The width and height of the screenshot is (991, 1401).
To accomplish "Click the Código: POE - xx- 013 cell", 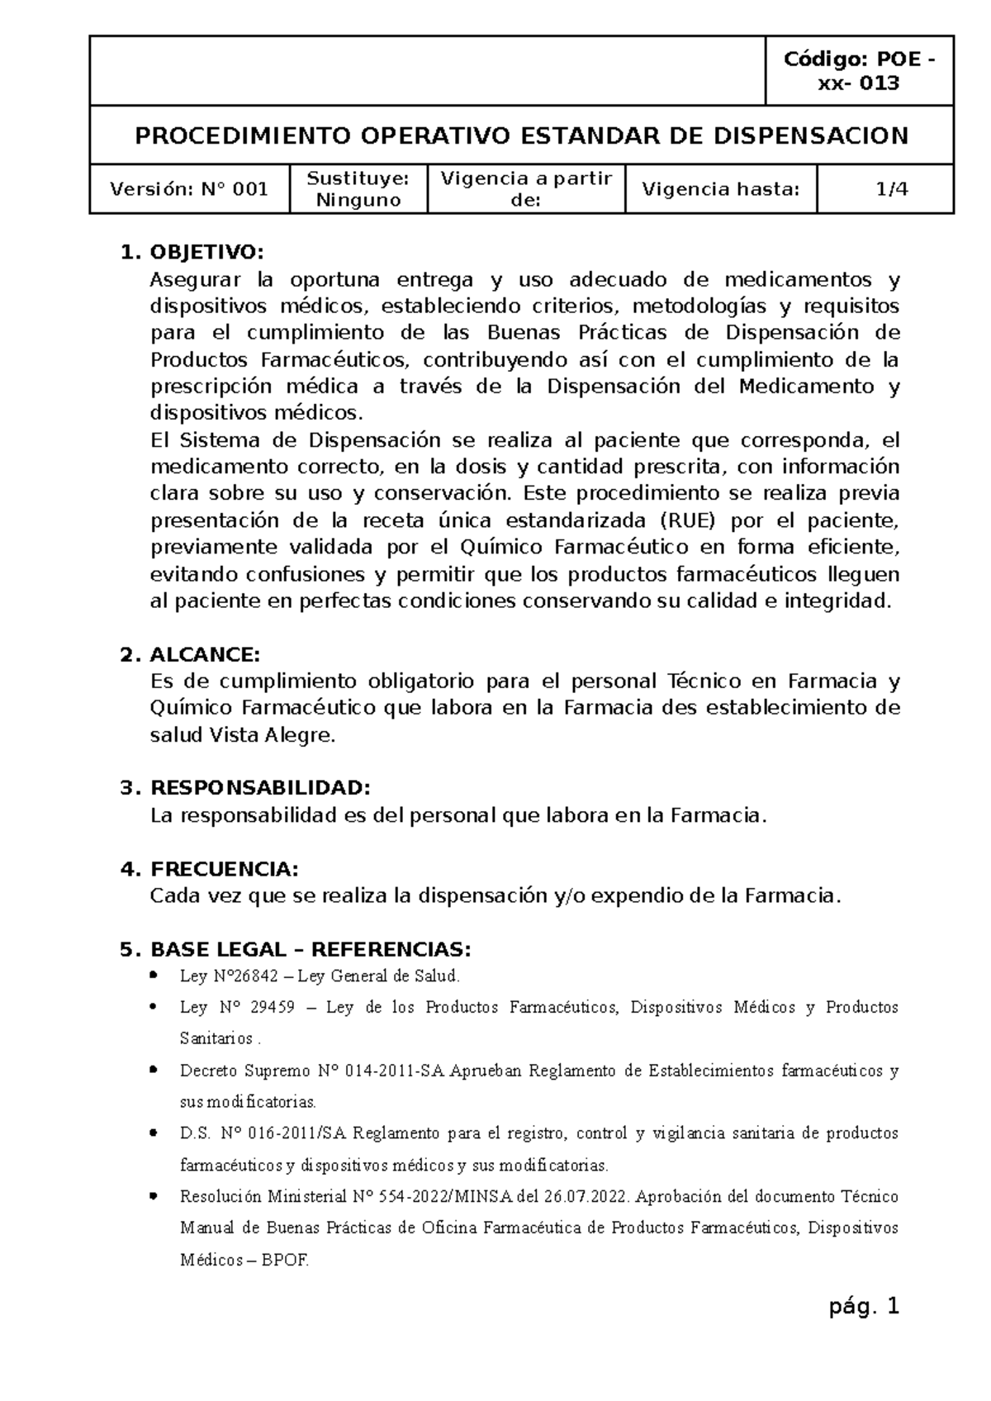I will click(x=860, y=71).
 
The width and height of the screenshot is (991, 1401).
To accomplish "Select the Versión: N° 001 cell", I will click(x=189, y=189).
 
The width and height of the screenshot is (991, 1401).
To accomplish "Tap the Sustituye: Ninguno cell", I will click(x=358, y=189).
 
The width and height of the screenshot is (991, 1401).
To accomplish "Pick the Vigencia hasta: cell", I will click(x=721, y=189).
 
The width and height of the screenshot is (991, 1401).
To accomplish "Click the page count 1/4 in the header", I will click(x=892, y=189).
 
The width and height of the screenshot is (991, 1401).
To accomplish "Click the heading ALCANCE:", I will click(x=205, y=655).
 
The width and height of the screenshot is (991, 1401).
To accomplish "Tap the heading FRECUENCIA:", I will click(x=224, y=869).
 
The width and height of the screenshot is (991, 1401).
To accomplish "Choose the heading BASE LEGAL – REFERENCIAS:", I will click(x=311, y=948).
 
